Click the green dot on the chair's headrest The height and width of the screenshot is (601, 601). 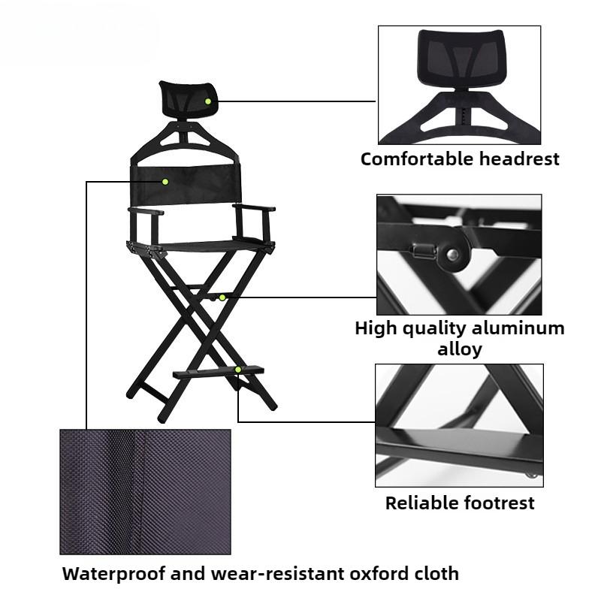(208, 101)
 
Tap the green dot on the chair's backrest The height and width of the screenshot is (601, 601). (165, 181)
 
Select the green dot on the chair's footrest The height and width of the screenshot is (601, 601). (238, 369)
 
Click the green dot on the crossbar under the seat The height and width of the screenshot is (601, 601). (222, 297)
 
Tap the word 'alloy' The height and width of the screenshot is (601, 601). (459, 349)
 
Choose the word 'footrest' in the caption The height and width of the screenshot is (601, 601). (502, 503)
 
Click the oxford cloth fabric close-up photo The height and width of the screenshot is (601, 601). (145, 491)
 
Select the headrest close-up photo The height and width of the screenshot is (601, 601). (459, 85)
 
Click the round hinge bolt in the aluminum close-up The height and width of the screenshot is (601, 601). (453, 255)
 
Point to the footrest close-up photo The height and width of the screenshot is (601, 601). (459, 424)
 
